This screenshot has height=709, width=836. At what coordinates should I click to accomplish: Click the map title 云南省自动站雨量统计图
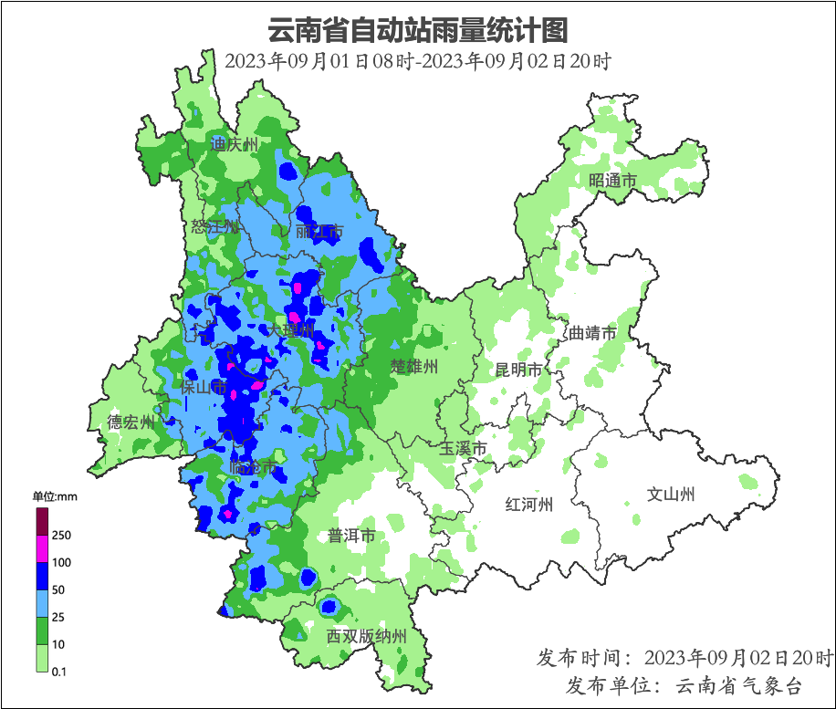(417, 30)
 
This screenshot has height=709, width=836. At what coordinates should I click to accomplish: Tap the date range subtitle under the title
(417, 62)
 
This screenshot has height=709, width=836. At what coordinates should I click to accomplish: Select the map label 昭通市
(612, 181)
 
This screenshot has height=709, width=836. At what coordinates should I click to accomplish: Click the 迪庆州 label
(235, 144)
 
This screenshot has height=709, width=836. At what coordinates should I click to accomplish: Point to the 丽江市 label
(319, 232)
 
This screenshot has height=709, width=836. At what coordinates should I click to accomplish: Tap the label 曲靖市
(592, 333)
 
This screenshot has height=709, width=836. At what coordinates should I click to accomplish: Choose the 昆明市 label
(518, 370)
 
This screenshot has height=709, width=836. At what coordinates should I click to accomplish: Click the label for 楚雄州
(415, 367)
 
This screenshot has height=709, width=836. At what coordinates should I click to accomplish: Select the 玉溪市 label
(463, 448)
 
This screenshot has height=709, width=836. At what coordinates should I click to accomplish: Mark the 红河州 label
(529, 505)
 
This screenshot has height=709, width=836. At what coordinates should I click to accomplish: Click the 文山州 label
(671, 495)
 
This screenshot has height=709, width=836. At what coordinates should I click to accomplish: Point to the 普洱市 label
(351, 536)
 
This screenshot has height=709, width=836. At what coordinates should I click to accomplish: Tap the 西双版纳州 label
(366, 636)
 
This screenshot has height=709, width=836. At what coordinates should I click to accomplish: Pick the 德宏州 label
(131, 422)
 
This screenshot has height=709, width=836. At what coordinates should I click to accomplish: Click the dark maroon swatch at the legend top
(42, 521)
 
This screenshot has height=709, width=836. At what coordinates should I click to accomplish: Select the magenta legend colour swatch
(42, 548)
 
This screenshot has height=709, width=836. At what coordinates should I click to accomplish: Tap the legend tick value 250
(62, 535)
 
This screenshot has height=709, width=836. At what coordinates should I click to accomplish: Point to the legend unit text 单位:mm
(56, 497)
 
